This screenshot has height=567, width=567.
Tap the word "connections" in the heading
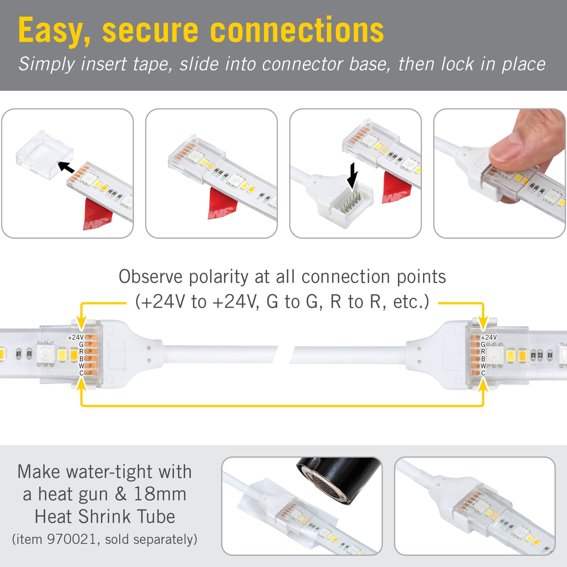[x=297, y=30]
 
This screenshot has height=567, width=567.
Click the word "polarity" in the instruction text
[x=218, y=277]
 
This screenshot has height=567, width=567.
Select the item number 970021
[x=72, y=539]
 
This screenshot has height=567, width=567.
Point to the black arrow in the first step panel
[x=66, y=167]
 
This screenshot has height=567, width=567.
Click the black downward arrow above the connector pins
[x=352, y=176]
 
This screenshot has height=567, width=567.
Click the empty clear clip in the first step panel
[x=44, y=155]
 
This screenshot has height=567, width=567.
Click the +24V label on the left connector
[x=76, y=337]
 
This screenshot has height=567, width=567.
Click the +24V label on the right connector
[x=489, y=337]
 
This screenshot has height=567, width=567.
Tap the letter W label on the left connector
[x=81, y=366]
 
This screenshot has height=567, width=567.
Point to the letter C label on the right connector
[x=483, y=373]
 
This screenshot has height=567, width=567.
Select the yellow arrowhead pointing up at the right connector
[x=483, y=385]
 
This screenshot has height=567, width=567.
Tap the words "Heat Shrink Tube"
[x=105, y=517]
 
